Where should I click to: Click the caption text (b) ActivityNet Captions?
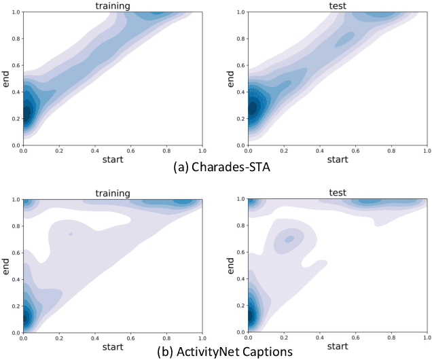(x=217, y=351)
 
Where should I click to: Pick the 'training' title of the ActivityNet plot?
(x=113, y=193)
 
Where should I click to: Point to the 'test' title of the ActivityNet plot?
(x=338, y=193)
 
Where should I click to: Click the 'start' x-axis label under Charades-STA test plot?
(x=338, y=160)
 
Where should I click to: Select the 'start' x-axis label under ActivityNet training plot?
(x=113, y=346)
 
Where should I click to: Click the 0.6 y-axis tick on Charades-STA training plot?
(x=15, y=65)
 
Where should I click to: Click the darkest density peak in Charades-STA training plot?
(x=26, y=111)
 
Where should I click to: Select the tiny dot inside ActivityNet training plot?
(x=70, y=234)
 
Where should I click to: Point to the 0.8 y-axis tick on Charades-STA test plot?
(x=240, y=39)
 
